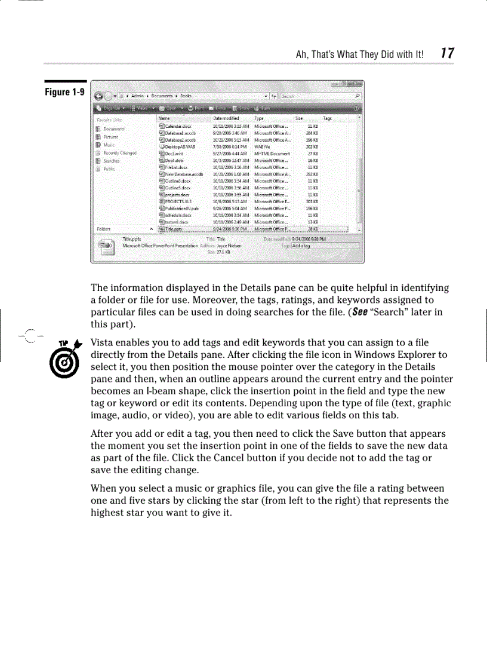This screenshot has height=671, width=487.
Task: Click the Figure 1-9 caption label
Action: click(x=66, y=93)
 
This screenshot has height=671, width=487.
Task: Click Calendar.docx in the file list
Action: click(x=177, y=126)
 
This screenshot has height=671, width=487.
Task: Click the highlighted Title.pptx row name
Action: click(x=175, y=229)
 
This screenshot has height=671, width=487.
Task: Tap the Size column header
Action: click(x=299, y=119)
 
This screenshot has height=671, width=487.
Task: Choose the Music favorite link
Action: click(x=109, y=145)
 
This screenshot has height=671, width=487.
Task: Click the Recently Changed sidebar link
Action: click(x=119, y=152)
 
